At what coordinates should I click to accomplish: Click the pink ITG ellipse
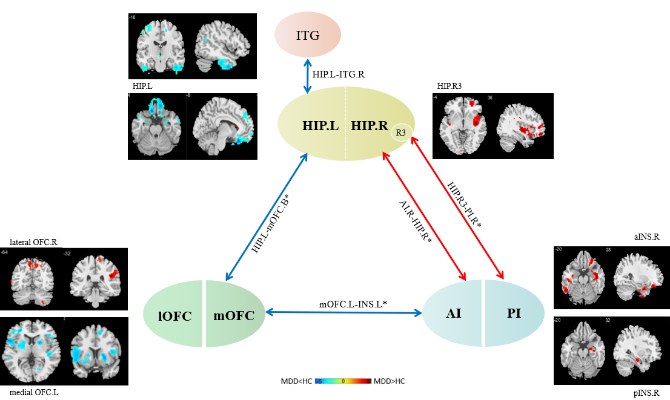click(x=308, y=35)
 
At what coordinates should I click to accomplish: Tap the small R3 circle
click(x=400, y=132)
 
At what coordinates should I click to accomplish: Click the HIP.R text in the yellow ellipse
click(x=369, y=126)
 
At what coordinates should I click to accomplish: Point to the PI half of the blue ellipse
click(x=515, y=313)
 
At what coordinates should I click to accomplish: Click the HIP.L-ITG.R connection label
click(x=339, y=74)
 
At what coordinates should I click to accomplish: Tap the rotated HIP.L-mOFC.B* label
click(x=274, y=223)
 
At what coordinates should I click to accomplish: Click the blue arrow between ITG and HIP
click(x=308, y=75)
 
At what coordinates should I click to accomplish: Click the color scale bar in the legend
click(x=343, y=382)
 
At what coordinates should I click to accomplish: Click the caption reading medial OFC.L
click(x=35, y=392)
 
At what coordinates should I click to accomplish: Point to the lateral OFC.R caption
click(x=33, y=242)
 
